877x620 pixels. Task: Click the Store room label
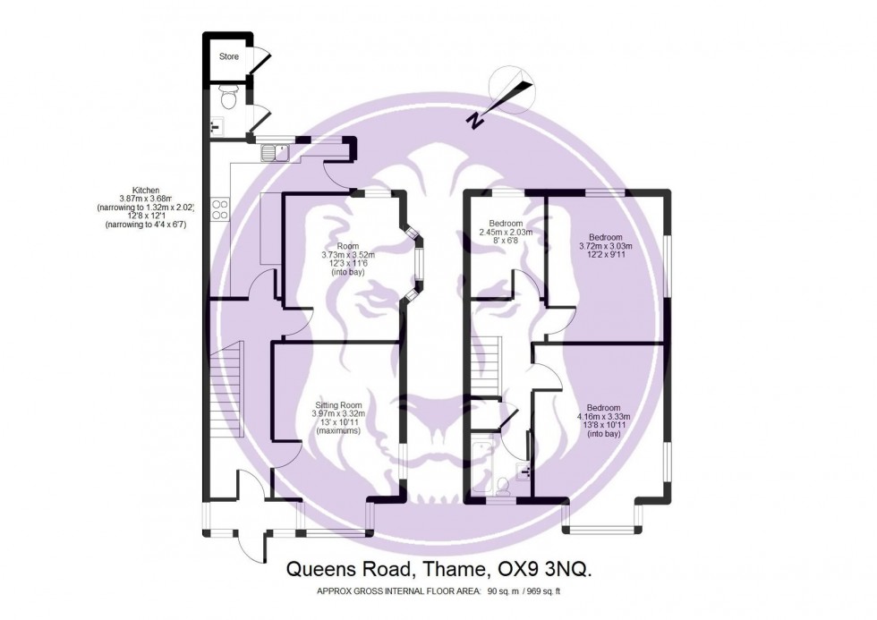(230, 56)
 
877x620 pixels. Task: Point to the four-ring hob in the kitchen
(219, 209)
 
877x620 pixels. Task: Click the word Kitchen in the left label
(145, 190)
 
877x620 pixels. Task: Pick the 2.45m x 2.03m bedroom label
(507, 233)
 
